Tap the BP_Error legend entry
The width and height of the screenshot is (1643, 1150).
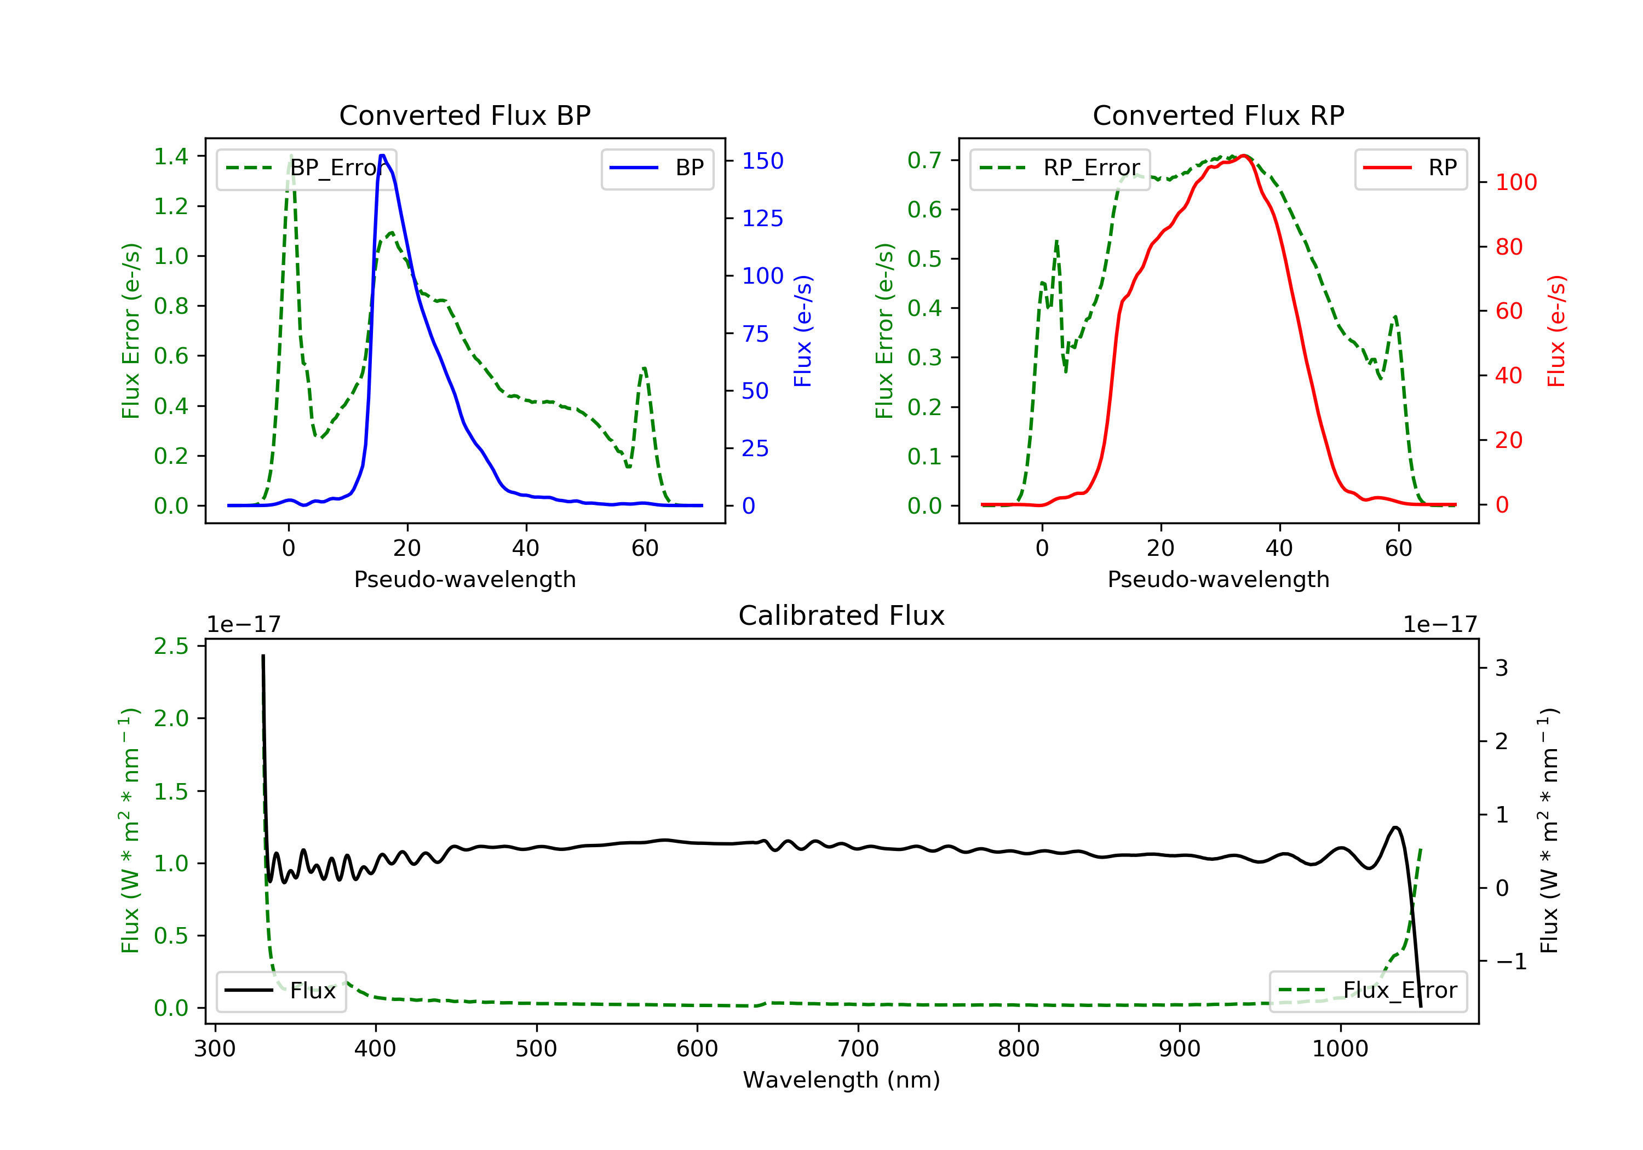click(306, 168)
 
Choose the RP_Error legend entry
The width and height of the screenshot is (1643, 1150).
click(1060, 168)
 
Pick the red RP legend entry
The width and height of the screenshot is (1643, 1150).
click(1410, 168)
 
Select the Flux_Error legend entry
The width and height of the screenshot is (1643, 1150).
click(1368, 991)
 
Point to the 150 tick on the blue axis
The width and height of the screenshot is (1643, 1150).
click(762, 161)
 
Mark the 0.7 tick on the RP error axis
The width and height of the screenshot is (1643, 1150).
click(924, 160)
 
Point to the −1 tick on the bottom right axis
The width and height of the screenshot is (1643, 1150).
click(1510, 961)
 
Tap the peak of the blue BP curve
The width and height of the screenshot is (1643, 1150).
click(383, 156)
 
